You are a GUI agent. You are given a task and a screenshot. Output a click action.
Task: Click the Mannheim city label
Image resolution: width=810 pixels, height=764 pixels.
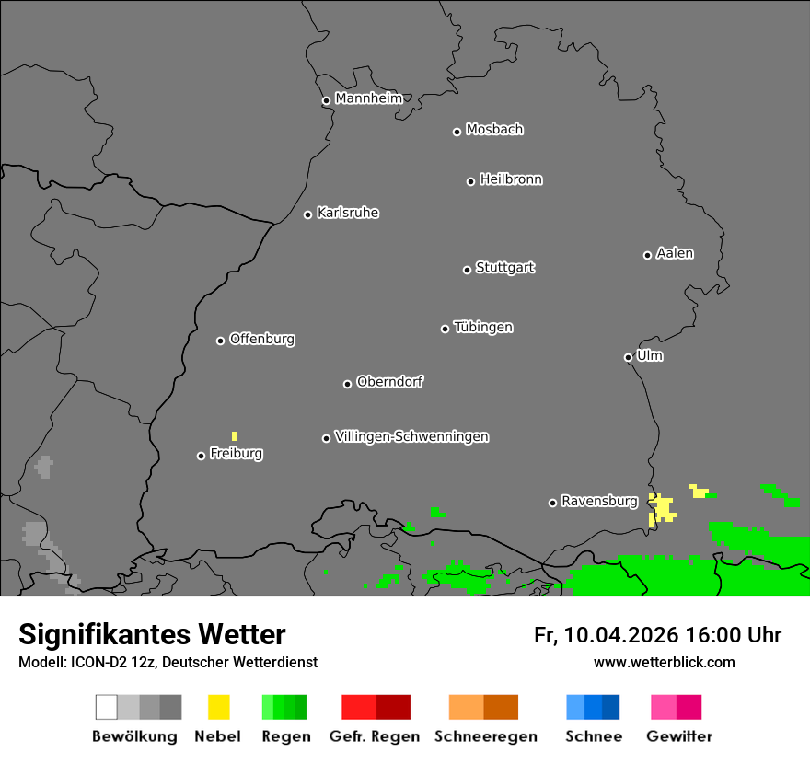pos(368,98)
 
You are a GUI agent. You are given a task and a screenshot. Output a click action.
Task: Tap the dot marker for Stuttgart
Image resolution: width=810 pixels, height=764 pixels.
pos(467,270)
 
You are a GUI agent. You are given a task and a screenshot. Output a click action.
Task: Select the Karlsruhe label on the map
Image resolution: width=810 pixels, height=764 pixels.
pos(347,213)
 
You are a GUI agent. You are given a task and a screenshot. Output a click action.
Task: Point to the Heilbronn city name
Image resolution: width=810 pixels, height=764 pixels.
pos(511,179)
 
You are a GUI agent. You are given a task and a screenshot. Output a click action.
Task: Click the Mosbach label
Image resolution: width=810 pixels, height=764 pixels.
pos(494,130)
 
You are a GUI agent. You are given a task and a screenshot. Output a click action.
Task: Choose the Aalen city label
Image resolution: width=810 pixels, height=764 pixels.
pos(675,253)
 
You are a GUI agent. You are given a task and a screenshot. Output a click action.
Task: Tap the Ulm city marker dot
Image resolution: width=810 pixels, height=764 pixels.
pos(628,357)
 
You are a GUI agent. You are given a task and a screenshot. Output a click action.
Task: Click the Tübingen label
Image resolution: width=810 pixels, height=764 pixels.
pos(483,327)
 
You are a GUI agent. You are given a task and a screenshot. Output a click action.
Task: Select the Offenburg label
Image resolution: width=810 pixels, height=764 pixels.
pos(262,339)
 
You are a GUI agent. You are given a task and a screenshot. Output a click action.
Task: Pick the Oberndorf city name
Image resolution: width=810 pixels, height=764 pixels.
pos(389,381)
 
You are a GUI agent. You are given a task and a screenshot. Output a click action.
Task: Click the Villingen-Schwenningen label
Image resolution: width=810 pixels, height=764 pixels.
pos(411,436)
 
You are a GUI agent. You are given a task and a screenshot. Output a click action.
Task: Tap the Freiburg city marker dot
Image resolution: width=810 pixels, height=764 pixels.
pos(201,456)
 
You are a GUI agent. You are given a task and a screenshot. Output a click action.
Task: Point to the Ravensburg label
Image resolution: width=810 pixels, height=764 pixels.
pos(599,501)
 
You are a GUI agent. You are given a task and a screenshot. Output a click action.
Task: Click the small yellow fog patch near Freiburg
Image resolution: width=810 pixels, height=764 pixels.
pos(234,435)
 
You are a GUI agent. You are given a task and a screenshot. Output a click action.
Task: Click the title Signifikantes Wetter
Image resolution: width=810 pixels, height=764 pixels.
pos(152,634)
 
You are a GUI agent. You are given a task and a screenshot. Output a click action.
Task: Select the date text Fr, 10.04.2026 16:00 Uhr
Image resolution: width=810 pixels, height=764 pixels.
pos(657,635)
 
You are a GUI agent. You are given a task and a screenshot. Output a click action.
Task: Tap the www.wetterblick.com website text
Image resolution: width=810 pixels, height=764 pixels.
pos(664,662)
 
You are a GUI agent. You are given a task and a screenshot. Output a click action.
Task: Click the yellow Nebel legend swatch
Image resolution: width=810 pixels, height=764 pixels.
pos(218,707)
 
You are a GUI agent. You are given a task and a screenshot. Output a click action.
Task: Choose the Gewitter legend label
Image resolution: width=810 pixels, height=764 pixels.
pos(679,736)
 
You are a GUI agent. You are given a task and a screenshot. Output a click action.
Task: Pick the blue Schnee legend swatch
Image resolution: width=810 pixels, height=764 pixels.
pos(593,707)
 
